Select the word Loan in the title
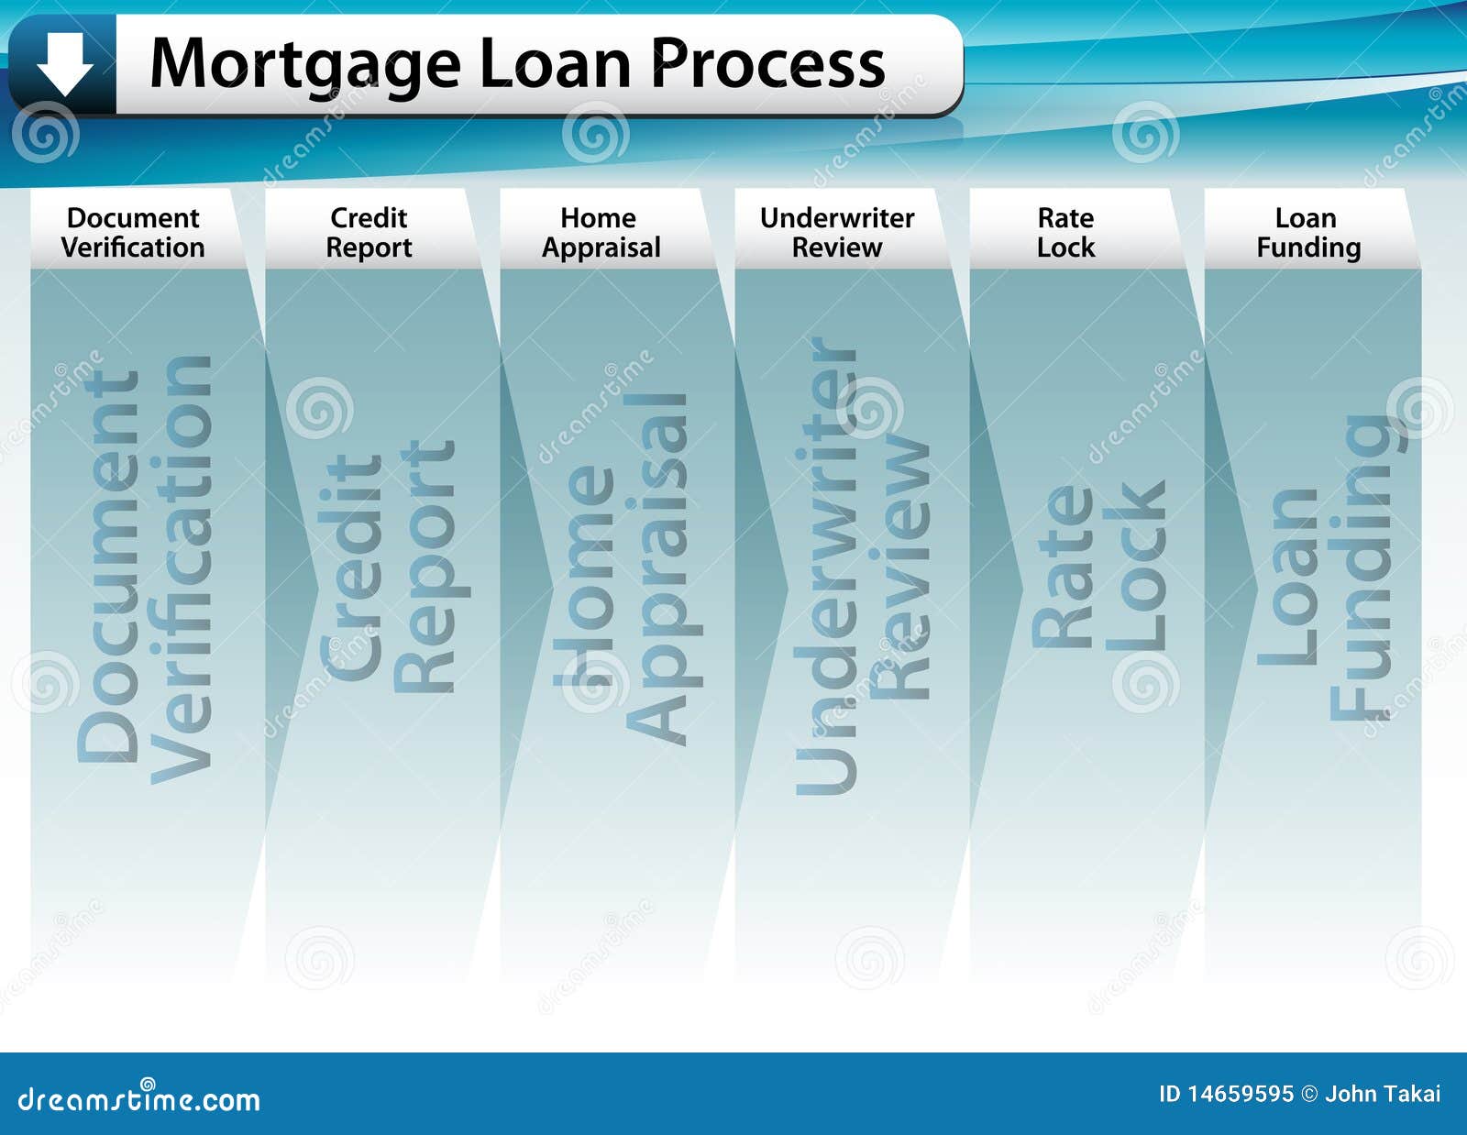coord(556,62)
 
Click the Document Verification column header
coord(133,233)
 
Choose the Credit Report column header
coord(369,233)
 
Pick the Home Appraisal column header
coord(601,233)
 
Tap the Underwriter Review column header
coord(837,233)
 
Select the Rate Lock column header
coord(1066,233)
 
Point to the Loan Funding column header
coord(1308,233)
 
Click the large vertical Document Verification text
coord(145,569)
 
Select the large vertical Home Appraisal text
coord(628,569)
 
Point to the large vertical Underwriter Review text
coord(862,566)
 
